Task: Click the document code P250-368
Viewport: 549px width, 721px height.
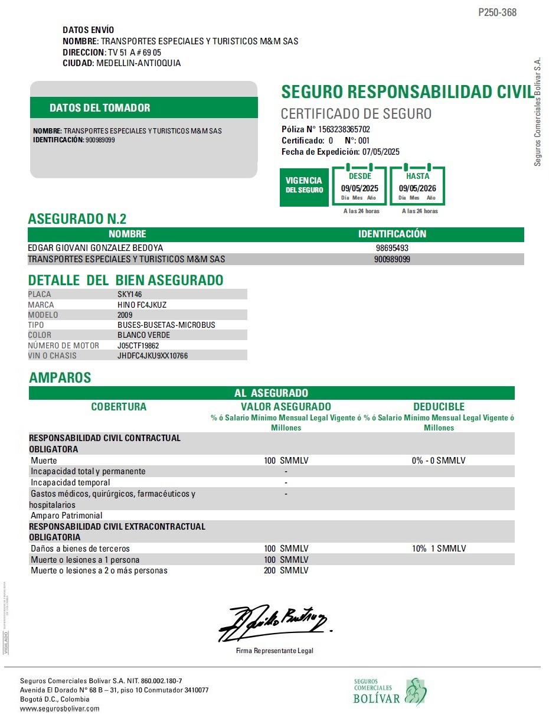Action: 497,12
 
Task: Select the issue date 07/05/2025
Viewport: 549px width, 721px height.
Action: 381,152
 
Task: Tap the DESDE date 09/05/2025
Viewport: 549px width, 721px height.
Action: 360,188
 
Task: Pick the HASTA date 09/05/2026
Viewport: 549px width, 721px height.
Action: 417,188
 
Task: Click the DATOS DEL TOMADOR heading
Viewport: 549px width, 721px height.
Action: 100,107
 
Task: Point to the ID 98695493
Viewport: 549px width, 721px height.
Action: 392,249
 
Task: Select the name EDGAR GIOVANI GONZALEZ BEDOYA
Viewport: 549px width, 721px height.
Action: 96,249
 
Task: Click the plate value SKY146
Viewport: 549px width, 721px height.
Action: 130,294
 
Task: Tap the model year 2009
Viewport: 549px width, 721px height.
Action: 125,315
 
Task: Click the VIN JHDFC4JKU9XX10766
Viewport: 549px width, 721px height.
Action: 153,356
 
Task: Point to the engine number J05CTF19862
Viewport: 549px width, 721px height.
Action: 138,345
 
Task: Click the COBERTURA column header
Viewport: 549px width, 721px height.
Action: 119,407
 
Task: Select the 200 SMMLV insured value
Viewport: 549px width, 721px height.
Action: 286,570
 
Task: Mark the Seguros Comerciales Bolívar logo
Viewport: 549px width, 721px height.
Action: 390,691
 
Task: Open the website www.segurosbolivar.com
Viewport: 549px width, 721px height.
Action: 60,709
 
